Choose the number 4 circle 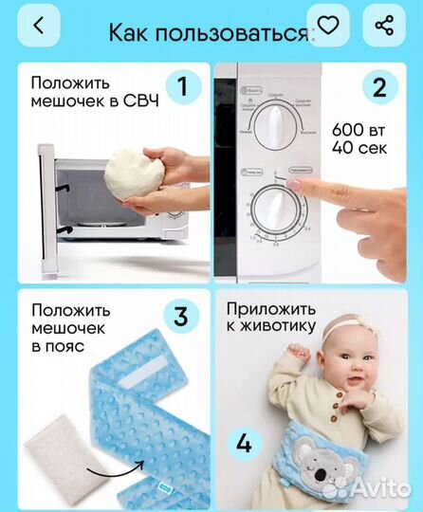244,442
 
